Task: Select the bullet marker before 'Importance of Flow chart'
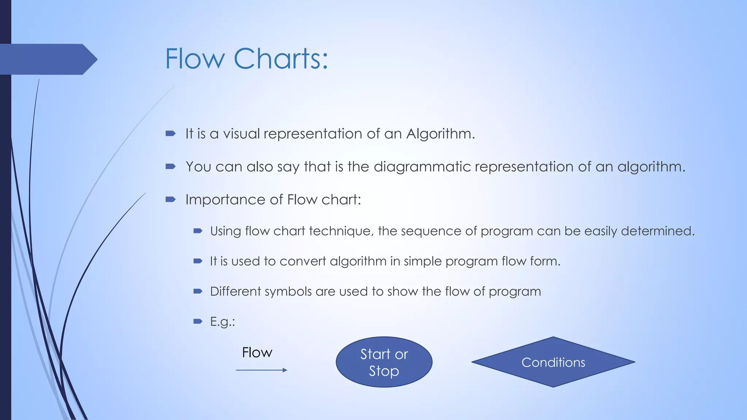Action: (x=170, y=199)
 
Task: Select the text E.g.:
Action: (x=222, y=322)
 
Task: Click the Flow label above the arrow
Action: (x=257, y=353)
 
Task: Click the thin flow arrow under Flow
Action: (x=261, y=370)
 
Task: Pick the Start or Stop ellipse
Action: (x=384, y=362)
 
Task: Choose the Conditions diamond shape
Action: (x=553, y=362)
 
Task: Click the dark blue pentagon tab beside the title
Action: (x=47, y=59)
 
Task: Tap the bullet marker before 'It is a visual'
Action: (x=170, y=133)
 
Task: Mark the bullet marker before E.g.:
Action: (x=198, y=321)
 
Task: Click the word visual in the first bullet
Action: (x=241, y=133)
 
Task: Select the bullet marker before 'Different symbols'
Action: (x=198, y=291)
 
